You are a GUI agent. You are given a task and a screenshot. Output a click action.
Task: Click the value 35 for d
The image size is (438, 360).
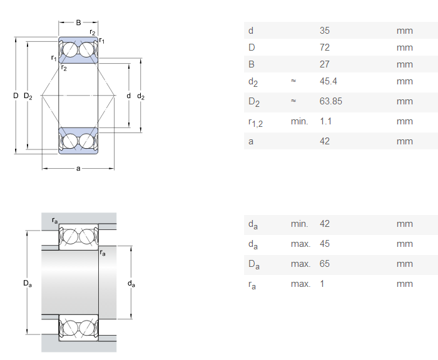(324, 30)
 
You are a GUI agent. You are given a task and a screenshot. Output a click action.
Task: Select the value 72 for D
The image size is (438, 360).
(324, 47)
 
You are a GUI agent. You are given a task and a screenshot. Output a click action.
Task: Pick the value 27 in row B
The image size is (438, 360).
(324, 64)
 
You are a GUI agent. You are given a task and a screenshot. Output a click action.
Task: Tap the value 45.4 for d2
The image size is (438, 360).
(328, 81)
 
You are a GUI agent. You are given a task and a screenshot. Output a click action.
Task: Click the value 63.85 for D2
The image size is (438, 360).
(330, 101)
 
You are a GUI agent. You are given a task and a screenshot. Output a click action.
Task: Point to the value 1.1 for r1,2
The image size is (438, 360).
(325, 121)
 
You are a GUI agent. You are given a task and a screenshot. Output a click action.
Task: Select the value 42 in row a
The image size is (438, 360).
(324, 141)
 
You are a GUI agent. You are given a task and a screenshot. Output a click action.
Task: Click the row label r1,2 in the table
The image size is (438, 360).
(255, 122)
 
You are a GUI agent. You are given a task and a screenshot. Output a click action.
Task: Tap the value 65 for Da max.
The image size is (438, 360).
(324, 264)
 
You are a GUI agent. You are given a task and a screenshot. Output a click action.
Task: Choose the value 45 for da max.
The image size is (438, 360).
(324, 244)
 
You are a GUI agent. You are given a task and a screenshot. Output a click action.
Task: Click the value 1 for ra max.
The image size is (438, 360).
(322, 284)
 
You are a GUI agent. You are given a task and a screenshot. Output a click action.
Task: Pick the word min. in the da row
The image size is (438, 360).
(300, 224)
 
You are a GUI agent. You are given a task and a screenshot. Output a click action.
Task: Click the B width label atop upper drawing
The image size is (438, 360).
(78, 22)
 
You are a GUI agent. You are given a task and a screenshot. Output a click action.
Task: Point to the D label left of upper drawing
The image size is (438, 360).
(16, 96)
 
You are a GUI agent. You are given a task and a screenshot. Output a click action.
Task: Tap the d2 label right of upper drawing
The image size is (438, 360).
(141, 96)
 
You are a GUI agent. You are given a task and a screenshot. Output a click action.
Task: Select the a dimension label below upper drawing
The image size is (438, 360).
(78, 168)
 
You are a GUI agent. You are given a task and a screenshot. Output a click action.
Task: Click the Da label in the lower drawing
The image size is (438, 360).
(28, 284)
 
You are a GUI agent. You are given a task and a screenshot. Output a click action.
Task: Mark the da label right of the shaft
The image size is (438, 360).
(131, 284)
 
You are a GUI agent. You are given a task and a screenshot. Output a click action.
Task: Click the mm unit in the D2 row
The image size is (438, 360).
(404, 101)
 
